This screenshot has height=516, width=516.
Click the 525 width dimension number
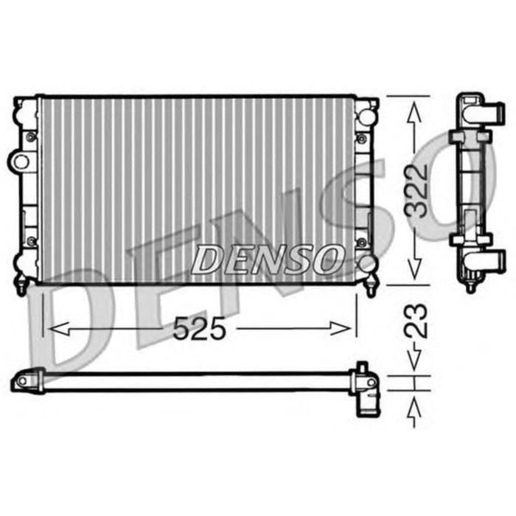[x=198, y=329]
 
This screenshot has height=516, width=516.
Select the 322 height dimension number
[x=417, y=189]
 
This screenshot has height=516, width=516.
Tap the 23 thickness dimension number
[x=416, y=323]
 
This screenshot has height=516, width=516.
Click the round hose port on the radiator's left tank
[x=21, y=161]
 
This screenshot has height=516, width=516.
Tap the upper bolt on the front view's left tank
[x=30, y=136]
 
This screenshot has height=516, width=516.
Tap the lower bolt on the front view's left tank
[x=30, y=241]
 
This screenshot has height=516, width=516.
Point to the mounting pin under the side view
[x=470, y=283]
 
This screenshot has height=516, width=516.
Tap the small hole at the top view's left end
[x=21, y=381]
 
